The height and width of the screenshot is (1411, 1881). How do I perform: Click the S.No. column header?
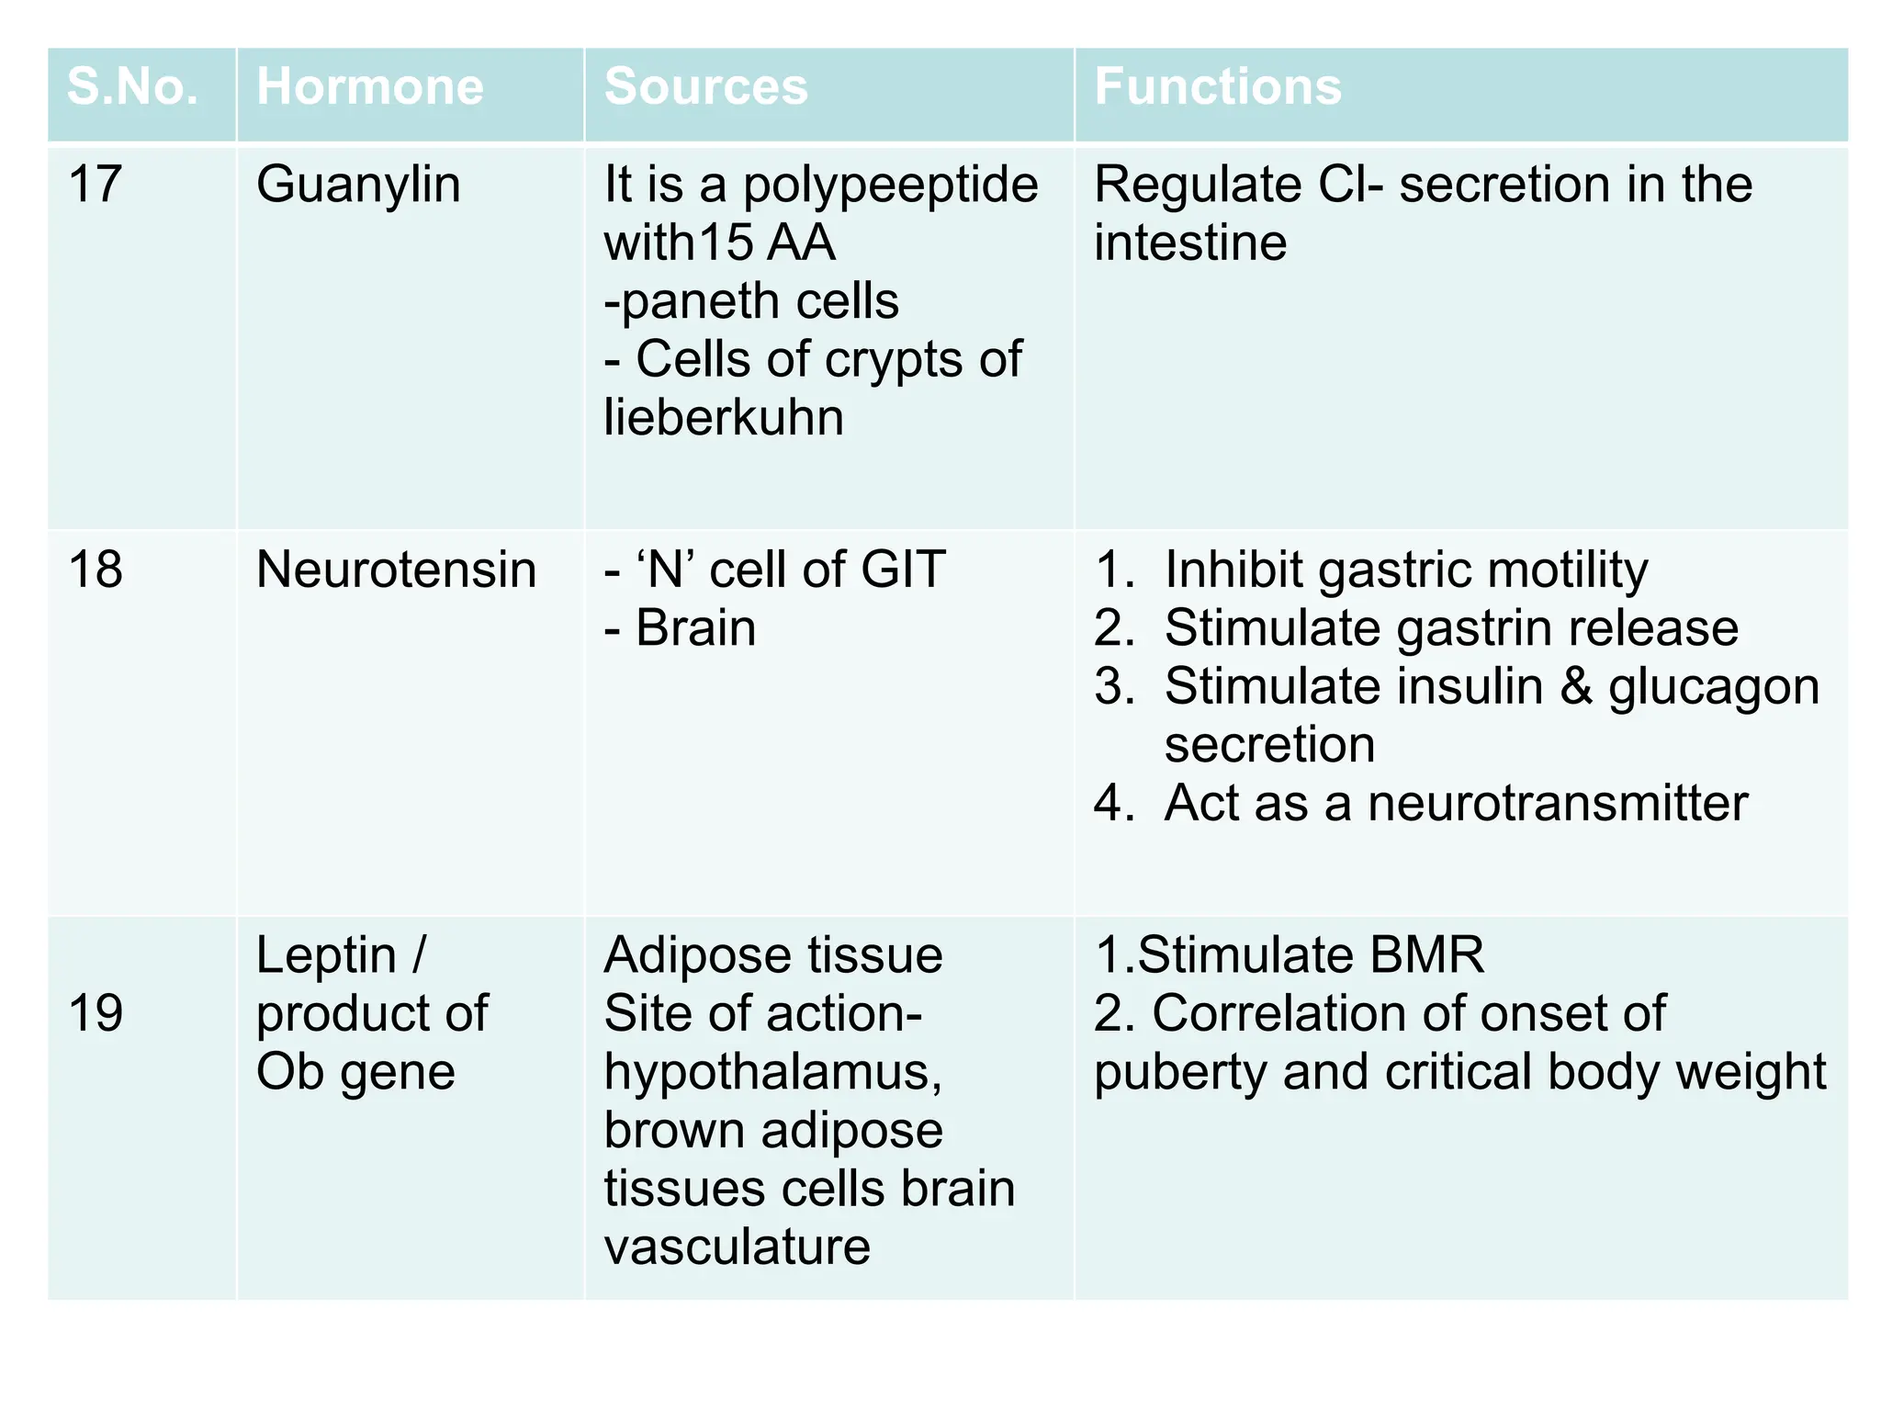[132, 87]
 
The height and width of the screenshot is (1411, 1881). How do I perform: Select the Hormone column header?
[369, 87]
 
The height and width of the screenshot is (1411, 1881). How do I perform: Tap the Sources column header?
[705, 87]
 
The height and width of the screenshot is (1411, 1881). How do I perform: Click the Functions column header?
[1217, 87]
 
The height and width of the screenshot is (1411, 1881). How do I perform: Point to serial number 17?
[95, 185]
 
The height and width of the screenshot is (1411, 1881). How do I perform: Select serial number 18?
[95, 570]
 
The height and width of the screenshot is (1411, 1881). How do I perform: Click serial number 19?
[95, 1014]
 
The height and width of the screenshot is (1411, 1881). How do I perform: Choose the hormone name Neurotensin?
[396, 570]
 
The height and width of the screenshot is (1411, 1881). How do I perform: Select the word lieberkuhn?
[723, 418]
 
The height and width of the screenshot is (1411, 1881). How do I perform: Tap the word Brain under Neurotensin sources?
[695, 628]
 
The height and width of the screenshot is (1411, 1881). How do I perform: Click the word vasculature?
[737, 1247]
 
